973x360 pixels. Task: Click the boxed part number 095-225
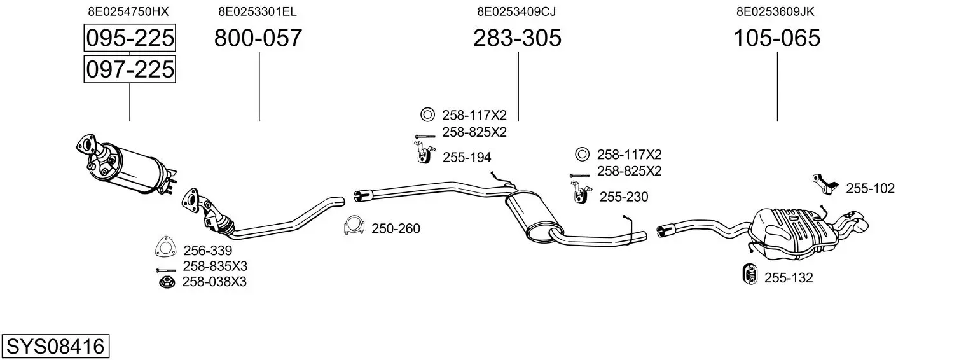tap(130, 38)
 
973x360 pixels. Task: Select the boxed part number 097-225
tap(130, 69)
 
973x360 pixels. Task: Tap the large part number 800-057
tap(258, 38)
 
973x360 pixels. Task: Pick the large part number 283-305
tap(517, 38)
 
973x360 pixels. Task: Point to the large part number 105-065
tap(776, 38)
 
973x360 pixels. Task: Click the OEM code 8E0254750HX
tap(128, 11)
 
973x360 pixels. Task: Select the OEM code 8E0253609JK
tap(776, 11)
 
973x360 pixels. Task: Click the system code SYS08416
tap(55, 347)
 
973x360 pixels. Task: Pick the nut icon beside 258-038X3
tap(167, 281)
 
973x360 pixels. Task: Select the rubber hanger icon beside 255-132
tap(749, 274)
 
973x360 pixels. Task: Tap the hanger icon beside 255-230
tap(578, 192)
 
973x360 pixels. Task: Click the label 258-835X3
tap(214, 266)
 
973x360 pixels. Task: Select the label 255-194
tap(466, 157)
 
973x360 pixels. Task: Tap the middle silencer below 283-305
tap(535, 216)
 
